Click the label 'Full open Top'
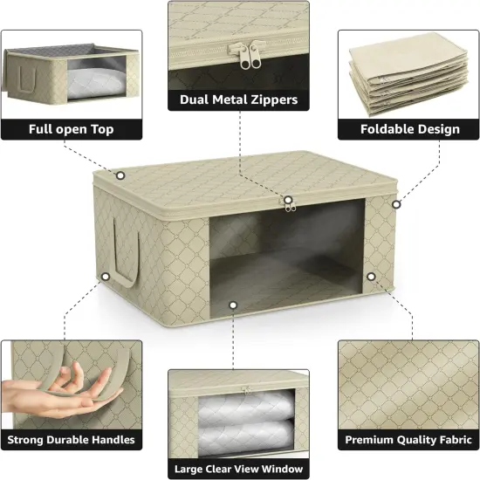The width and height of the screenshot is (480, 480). coord(71,129)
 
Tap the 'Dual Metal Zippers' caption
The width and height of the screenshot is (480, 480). coord(238,99)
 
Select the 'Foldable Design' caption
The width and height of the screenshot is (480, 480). coord(409,129)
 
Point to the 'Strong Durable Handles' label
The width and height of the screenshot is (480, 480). coord(71,439)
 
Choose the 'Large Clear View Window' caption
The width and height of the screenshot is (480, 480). coord(238,468)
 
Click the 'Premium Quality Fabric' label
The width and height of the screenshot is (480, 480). coord(409,439)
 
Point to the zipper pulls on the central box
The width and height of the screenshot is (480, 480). coord(287,202)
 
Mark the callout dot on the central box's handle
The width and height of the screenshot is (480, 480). coord(106,277)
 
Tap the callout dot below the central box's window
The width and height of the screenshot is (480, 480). coord(233,305)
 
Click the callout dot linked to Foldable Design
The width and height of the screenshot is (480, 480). coord(395,204)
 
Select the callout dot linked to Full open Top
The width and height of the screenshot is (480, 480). coord(120,175)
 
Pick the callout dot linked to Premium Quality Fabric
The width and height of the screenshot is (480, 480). coord(371,277)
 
